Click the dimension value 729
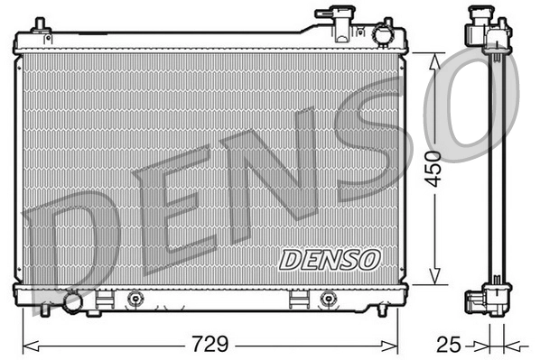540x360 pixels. click(x=209, y=344)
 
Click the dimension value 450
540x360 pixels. click(x=435, y=167)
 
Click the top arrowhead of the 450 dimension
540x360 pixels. click(x=435, y=56)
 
